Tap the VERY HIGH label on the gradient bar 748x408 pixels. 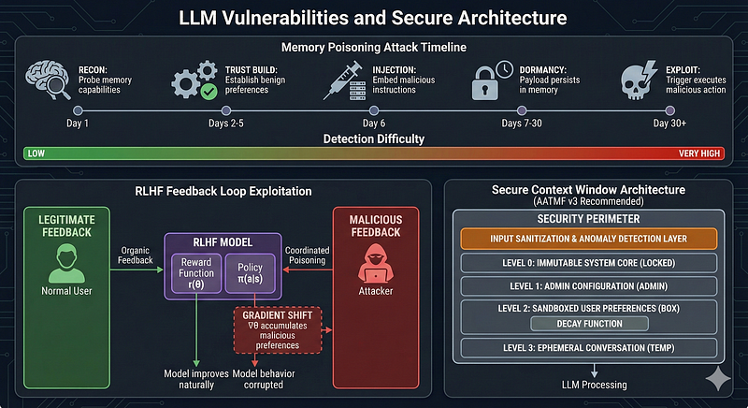coord(698,153)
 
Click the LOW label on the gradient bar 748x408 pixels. coord(36,153)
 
